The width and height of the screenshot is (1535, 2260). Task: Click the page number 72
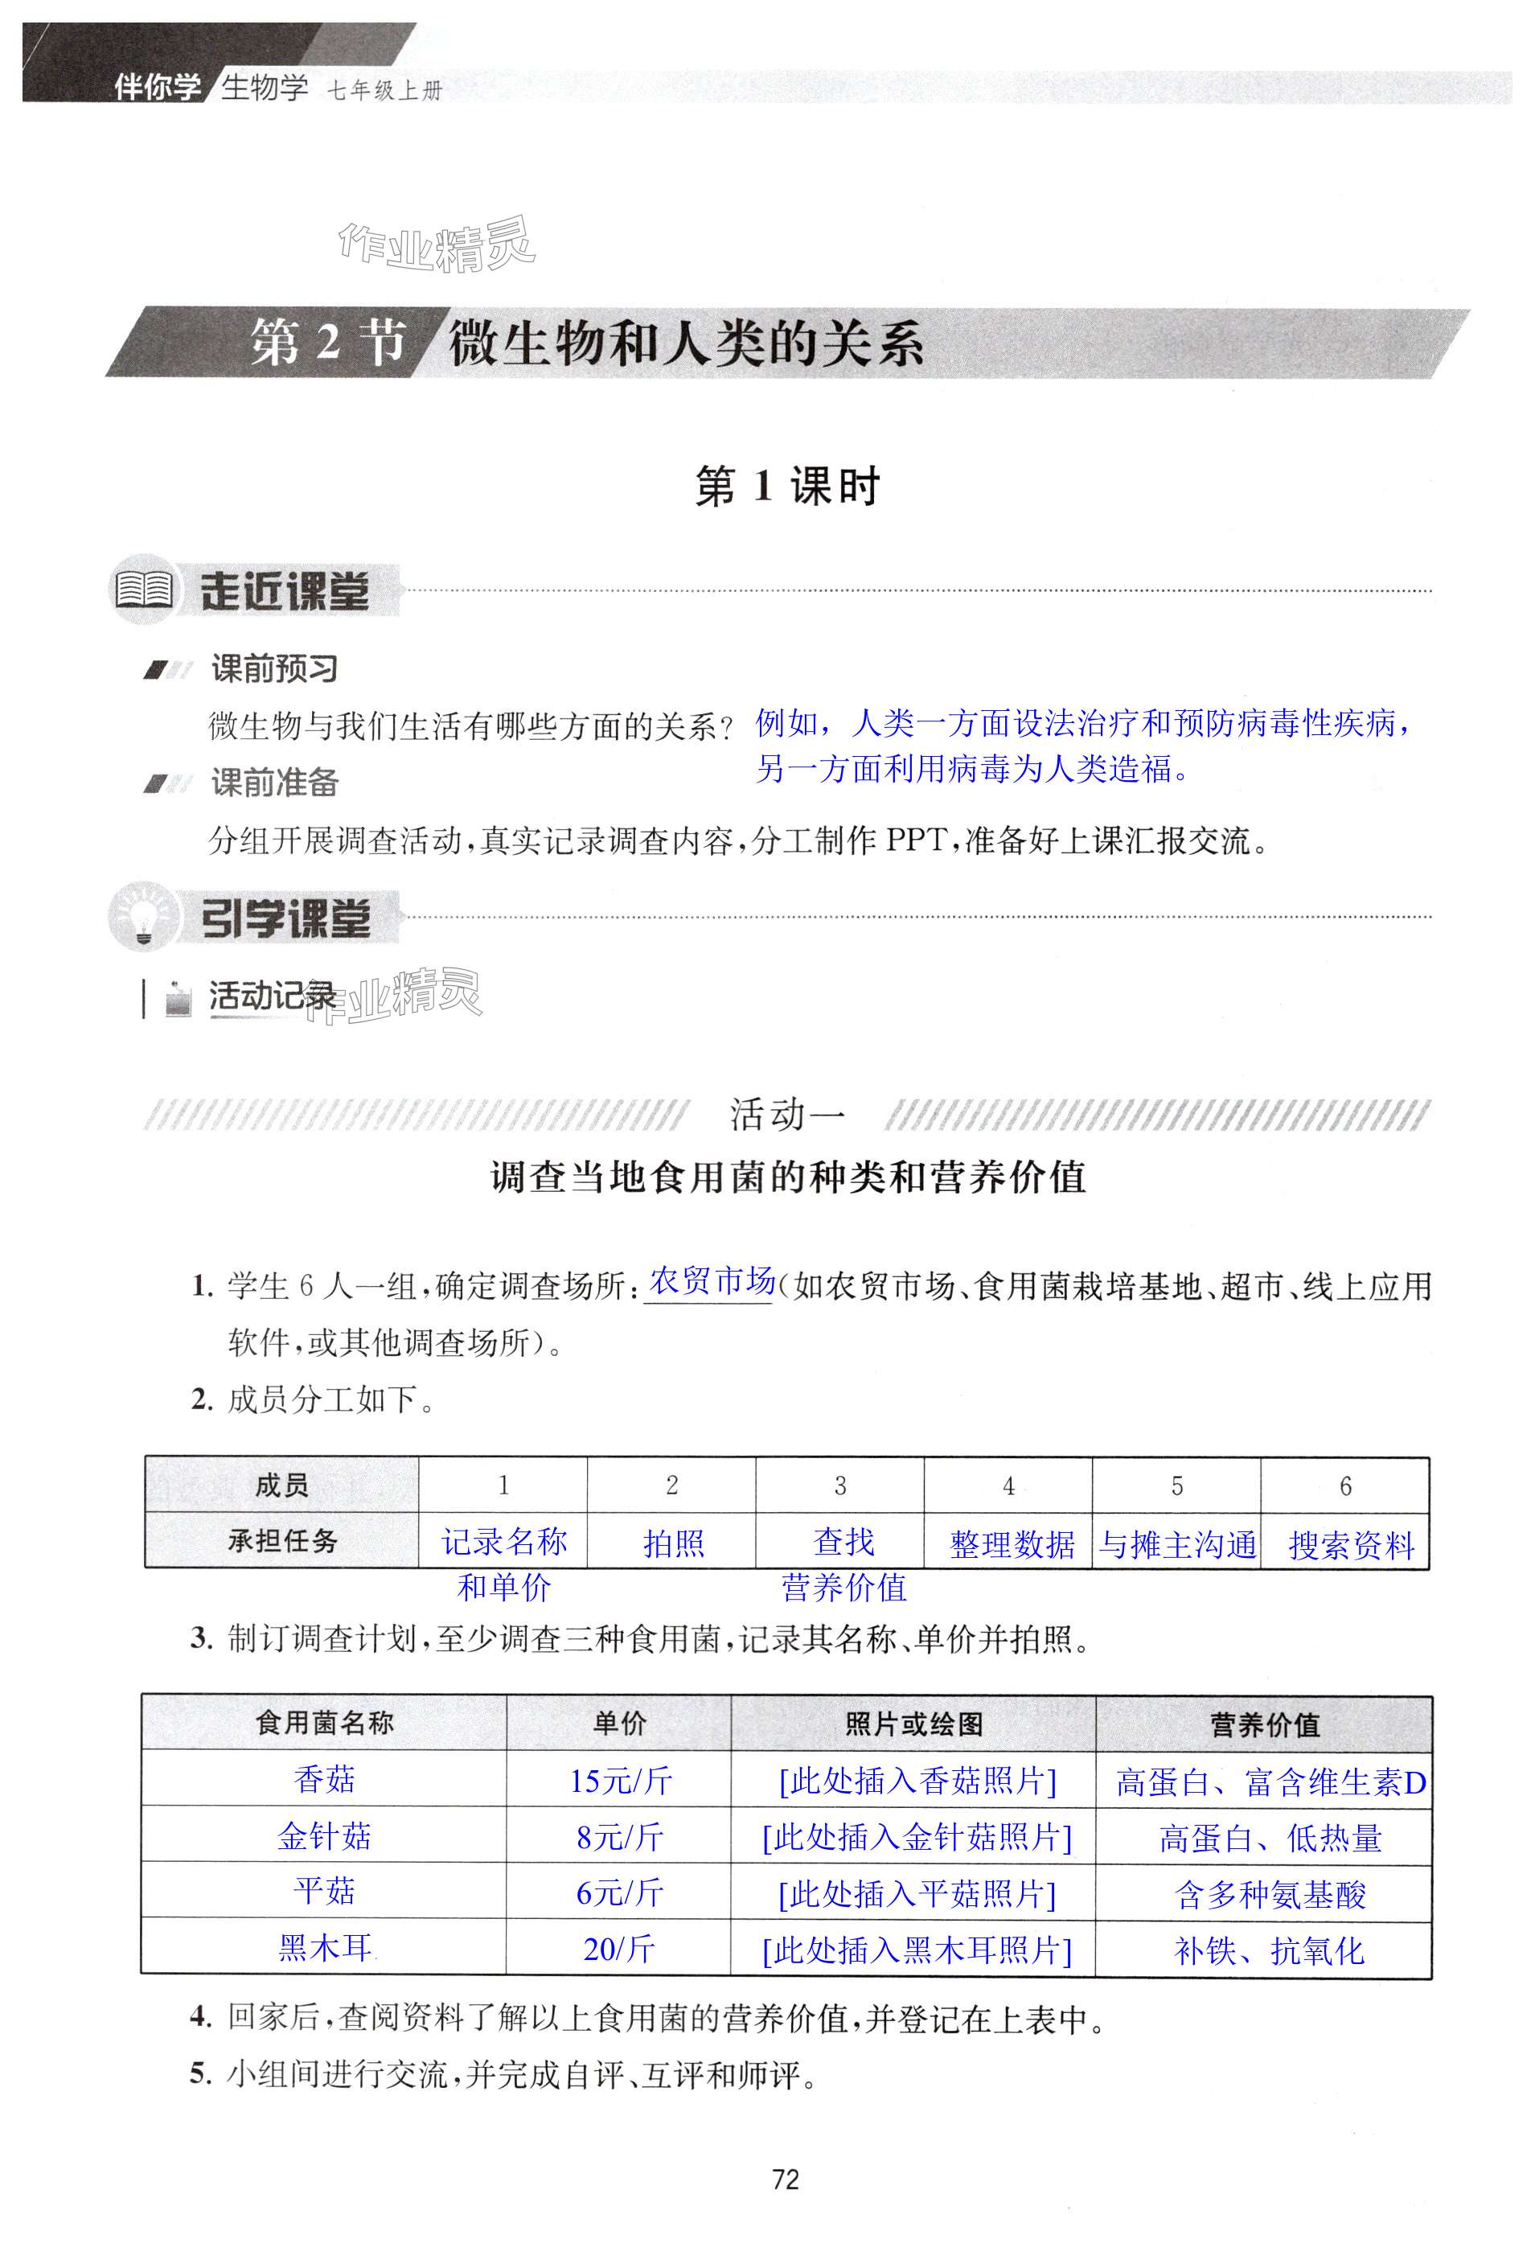[785, 2180]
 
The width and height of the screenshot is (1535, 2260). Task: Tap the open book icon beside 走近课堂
[144, 590]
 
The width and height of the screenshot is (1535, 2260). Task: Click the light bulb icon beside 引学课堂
[144, 916]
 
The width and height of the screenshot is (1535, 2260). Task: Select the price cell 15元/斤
[619, 1781]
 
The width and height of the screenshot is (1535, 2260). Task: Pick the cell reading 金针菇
[324, 1836]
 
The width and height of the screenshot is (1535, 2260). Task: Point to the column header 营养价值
[1264, 1724]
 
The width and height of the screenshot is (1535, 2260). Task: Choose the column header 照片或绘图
[913, 1724]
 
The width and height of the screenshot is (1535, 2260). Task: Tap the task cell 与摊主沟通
[1176, 1544]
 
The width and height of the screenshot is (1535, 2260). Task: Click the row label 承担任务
[282, 1541]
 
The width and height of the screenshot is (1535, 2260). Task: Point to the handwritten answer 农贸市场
[711, 1282]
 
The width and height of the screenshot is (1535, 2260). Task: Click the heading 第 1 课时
[786, 487]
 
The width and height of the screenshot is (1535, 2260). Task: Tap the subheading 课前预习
[275, 669]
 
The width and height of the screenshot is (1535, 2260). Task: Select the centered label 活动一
[786, 1115]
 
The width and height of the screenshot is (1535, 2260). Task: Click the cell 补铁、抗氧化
[1269, 1950]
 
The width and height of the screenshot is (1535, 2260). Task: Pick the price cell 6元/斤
[619, 1892]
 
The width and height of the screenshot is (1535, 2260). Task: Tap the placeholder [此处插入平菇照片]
[916, 1893]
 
